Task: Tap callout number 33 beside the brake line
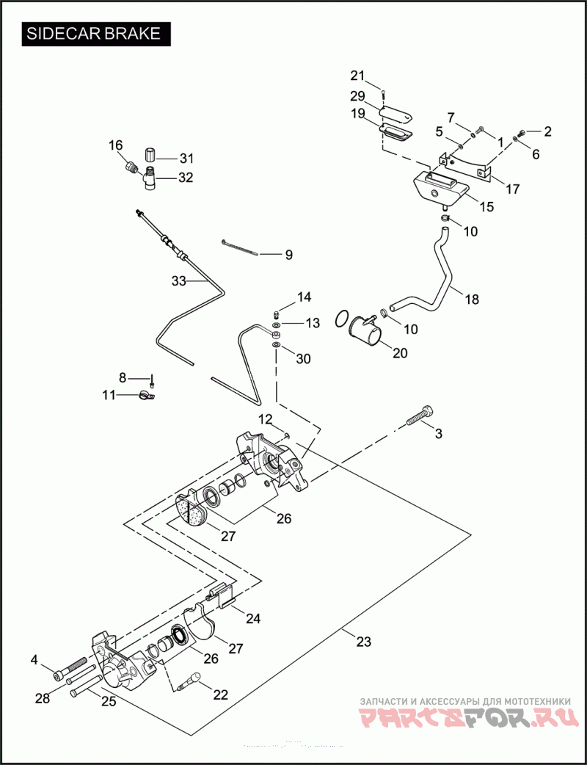pyautogui.click(x=179, y=280)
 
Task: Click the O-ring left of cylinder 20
pyautogui.click(x=340, y=319)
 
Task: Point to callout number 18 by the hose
pyautogui.click(x=471, y=299)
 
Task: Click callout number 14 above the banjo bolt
pyautogui.click(x=304, y=297)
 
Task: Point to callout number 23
pyautogui.click(x=363, y=642)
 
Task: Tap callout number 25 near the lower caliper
pyautogui.click(x=109, y=701)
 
